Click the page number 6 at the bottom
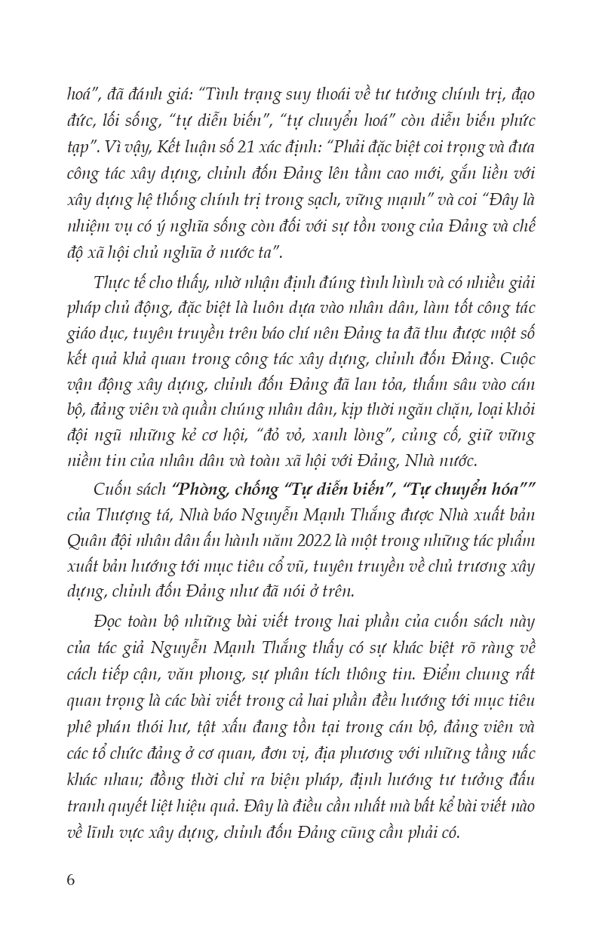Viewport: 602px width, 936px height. pyautogui.click(x=72, y=879)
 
